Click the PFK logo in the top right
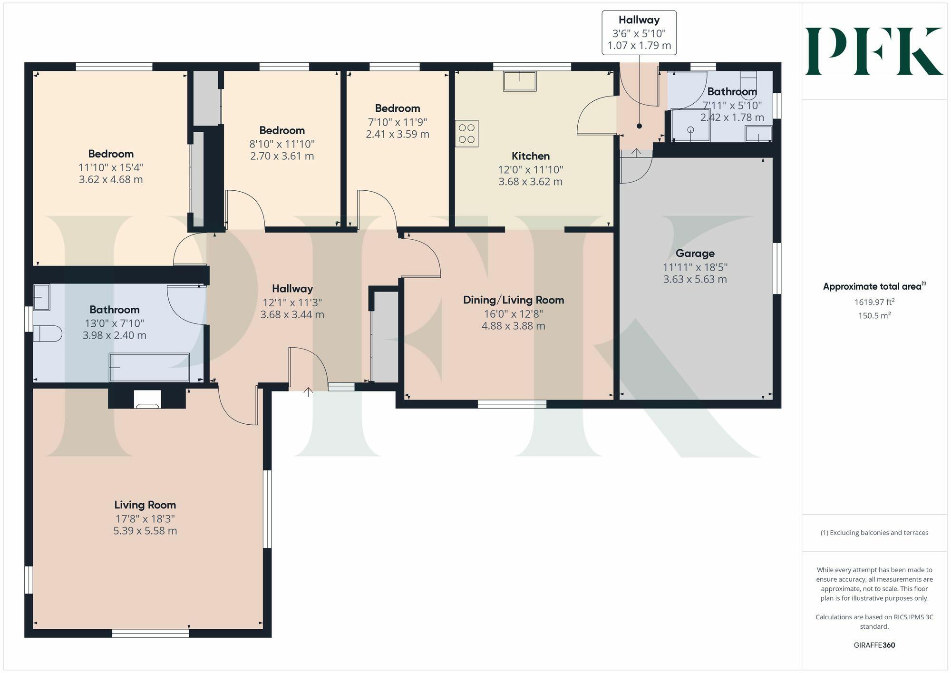874,51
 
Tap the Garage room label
695,254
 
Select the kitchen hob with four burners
466,134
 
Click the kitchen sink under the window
520,81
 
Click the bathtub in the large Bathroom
149,367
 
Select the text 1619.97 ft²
874,302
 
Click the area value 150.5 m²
874,315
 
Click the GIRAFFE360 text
874,645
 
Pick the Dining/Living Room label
514,300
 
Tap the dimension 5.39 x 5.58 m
145,531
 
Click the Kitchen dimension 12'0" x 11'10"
531,169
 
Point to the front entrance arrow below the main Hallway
308,392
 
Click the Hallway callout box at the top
639,33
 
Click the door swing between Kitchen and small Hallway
594,117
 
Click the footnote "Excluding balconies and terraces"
874,533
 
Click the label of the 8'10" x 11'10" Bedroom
282,130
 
